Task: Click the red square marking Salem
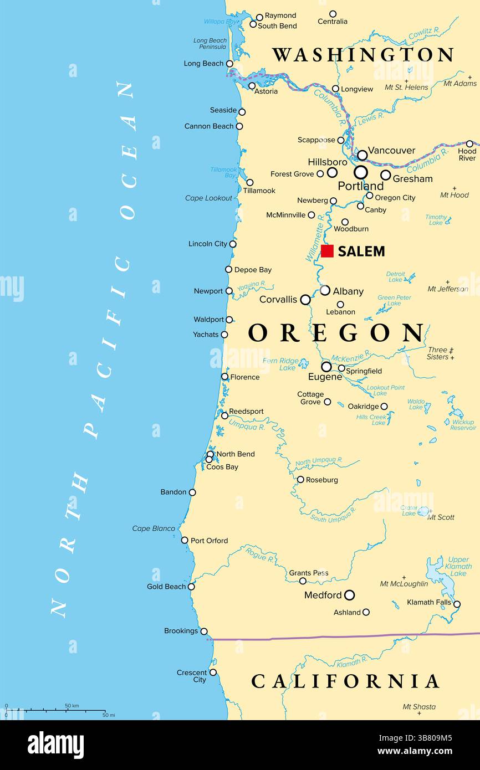(327, 251)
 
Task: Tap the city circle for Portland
(361, 172)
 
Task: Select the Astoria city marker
(252, 86)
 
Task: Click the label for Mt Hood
(455, 195)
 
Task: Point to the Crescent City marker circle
(213, 673)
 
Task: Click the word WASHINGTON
(363, 55)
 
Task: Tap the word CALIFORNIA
(345, 681)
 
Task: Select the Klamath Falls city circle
(457, 604)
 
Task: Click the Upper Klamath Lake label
(459, 566)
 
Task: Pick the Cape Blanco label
(154, 528)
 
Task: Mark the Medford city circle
(349, 595)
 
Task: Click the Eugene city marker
(326, 367)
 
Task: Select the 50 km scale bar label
(72, 706)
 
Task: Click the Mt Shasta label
(419, 707)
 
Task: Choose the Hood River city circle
(469, 144)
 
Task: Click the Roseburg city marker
(300, 480)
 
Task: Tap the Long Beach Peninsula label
(210, 44)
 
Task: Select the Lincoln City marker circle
(233, 244)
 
